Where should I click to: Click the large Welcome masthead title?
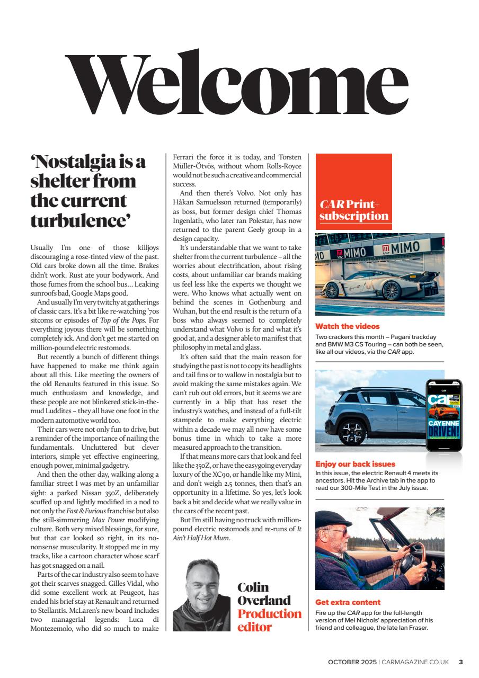tap(237, 86)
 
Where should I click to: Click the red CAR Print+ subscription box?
tap(353, 191)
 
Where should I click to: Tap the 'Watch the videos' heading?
tap(347, 326)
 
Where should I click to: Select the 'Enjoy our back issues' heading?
tap(355, 464)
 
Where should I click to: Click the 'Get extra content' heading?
tap(348, 602)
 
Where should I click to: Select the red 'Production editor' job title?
tap(269, 620)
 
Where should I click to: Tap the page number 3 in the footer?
tap(460, 662)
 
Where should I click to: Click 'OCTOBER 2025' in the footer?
tap(352, 662)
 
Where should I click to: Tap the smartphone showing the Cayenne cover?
tap(444, 415)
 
